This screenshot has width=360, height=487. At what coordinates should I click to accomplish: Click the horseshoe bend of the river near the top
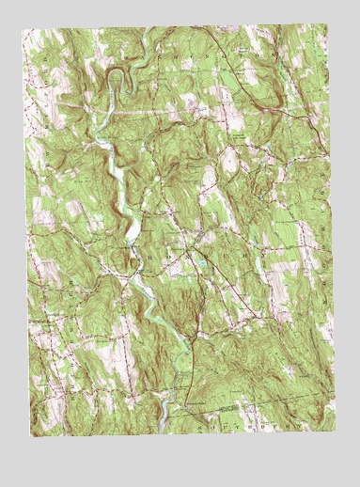[x=114, y=74]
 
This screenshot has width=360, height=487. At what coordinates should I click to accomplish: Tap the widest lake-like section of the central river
[x=133, y=229]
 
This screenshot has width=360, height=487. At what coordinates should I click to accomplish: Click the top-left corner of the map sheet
[x=24, y=27]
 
